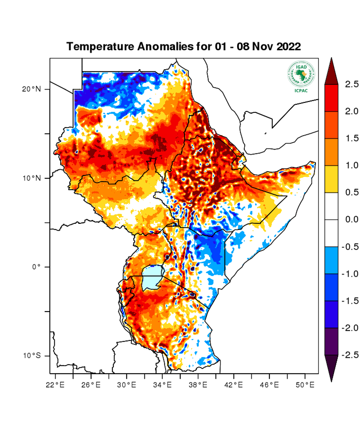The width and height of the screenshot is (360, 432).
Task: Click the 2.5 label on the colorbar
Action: tap(351, 84)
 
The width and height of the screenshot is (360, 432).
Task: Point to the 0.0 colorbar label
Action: tap(351, 220)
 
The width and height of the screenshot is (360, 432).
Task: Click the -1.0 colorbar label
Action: tap(350, 274)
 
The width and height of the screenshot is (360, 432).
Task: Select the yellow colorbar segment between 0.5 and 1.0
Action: tap(332, 179)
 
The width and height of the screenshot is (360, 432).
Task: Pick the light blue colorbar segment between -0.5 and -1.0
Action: tap(332, 260)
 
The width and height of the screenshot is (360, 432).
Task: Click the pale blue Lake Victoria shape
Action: tap(152, 277)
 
